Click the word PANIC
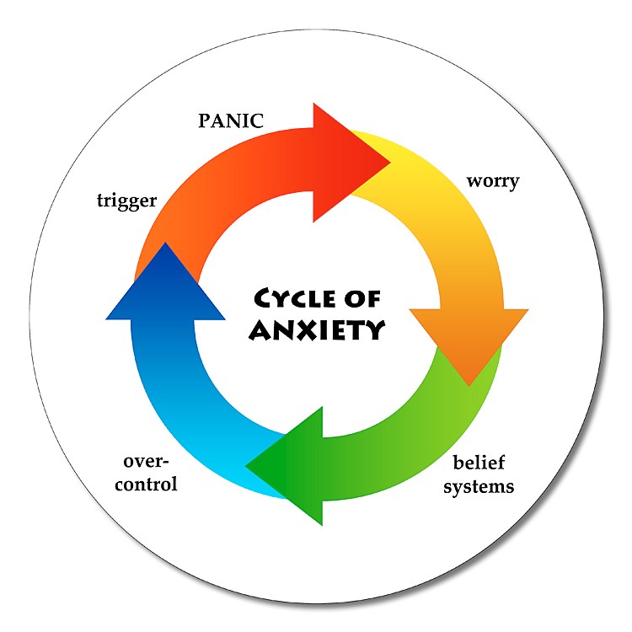tap(231, 121)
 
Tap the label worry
tap(493, 181)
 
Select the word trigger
tap(126, 201)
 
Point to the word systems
tap(479, 487)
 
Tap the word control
tap(146, 485)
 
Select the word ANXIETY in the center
tap(317, 329)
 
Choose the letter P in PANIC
tap(204, 121)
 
